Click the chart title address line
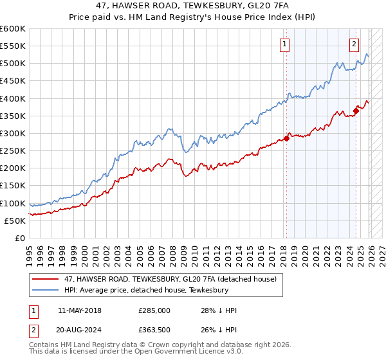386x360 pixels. [x=193, y=6]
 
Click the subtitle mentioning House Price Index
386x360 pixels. [x=193, y=18]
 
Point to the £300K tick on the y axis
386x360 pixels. [x=13, y=133]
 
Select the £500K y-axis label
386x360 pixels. [x=13, y=64]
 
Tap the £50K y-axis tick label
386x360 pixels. [x=15, y=221]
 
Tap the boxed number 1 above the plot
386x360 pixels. [x=284, y=44]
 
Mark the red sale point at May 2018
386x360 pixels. [x=286, y=139]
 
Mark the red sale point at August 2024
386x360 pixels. [x=356, y=111]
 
